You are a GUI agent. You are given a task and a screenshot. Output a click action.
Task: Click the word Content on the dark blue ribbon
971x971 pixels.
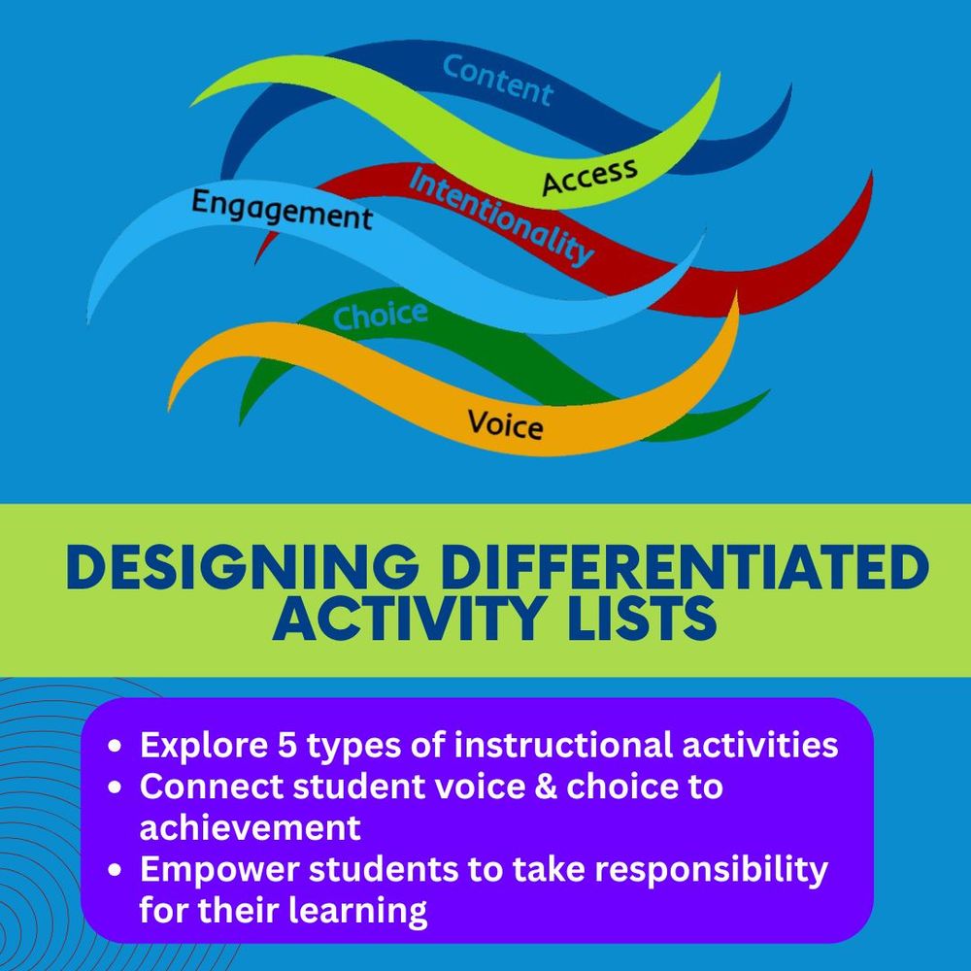pyautogui.click(x=497, y=81)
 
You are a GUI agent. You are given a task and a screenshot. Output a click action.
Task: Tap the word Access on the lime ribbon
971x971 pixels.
pyautogui.click(x=589, y=176)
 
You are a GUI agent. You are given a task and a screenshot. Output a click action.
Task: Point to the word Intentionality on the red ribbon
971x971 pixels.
pyautogui.click(x=501, y=217)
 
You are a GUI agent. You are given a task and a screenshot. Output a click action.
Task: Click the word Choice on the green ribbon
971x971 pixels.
pyautogui.click(x=381, y=316)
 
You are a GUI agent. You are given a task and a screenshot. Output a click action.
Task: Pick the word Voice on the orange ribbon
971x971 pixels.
pyautogui.click(x=505, y=425)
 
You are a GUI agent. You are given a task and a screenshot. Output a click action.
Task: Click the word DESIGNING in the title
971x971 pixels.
pyautogui.click(x=242, y=567)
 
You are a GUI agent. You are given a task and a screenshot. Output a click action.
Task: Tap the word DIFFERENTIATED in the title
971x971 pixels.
pyautogui.click(x=686, y=567)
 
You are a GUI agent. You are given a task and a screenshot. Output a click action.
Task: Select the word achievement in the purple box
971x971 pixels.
pyautogui.click(x=251, y=827)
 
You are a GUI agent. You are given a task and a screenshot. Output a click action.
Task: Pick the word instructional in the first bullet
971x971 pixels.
pyautogui.click(x=563, y=745)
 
